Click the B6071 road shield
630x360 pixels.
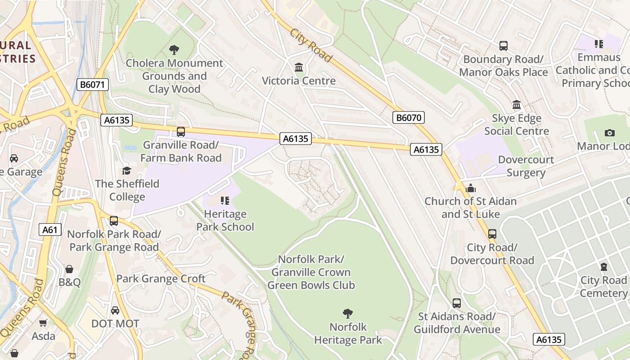[x=93, y=85]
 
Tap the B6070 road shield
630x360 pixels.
[x=409, y=118]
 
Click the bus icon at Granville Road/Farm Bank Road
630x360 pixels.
[x=181, y=132]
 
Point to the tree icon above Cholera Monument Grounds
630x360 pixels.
[x=174, y=49]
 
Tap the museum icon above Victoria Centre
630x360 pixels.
[x=298, y=67]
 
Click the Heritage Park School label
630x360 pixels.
[x=225, y=220]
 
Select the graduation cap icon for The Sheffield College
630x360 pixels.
[x=126, y=171]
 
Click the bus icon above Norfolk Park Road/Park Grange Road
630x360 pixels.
[x=114, y=221]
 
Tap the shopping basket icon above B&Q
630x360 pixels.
[x=69, y=269]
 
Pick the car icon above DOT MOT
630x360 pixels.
[x=115, y=310]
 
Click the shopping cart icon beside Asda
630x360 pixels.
[x=43, y=323]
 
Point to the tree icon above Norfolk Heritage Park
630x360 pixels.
[x=347, y=313]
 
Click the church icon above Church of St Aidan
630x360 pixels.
[x=471, y=188]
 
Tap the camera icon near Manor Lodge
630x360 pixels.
[x=610, y=133]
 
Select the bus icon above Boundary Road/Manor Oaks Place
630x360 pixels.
[x=504, y=46]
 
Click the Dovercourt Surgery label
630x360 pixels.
[x=526, y=166]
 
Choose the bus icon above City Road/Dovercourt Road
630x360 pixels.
[x=492, y=234]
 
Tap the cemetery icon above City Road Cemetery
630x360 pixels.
[x=604, y=267]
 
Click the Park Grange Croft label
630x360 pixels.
[x=161, y=279]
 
